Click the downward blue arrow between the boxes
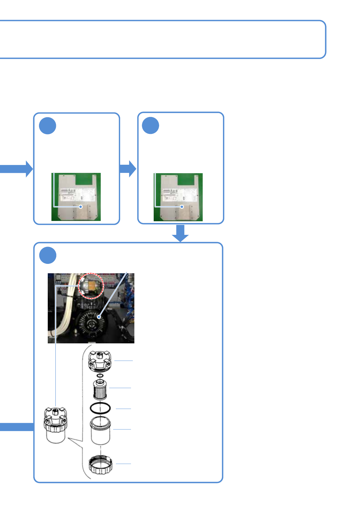pos(180,233)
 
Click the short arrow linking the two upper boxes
pos(129,168)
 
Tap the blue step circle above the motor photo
pos(48,255)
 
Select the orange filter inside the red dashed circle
pos(92,286)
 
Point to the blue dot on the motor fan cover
pos(99,317)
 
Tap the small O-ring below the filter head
pos(100,375)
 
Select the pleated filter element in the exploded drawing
pos(100,390)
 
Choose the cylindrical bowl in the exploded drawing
pos(100,430)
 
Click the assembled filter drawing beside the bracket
pos(55,425)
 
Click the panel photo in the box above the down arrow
pos(178,197)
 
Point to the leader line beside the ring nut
pos(123,463)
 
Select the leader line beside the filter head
pos(123,361)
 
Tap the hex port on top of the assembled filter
pos(56,411)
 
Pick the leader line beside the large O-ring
pos(123,409)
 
